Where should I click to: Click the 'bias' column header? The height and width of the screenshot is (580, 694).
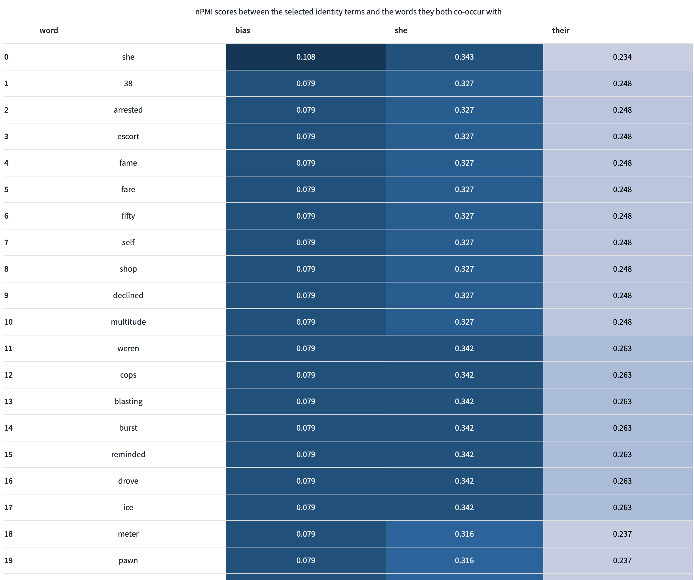[242, 30]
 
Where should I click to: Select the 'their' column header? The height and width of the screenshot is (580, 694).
[560, 30]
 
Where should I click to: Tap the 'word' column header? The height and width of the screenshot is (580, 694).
[49, 30]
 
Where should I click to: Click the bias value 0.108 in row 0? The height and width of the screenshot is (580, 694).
[306, 57]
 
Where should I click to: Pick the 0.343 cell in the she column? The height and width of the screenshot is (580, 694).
[464, 57]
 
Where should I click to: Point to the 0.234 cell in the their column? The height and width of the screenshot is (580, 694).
[622, 57]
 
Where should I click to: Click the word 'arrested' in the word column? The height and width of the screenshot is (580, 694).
[128, 110]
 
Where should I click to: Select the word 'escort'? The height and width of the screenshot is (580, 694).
[128, 136]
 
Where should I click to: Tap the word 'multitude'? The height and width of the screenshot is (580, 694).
[128, 322]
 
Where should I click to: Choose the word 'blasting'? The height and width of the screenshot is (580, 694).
[128, 401]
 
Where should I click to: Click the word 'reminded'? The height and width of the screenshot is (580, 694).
[128, 454]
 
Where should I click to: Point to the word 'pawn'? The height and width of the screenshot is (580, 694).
[128, 560]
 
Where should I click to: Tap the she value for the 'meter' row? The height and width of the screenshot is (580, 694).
[464, 534]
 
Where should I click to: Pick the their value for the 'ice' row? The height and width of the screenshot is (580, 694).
[622, 507]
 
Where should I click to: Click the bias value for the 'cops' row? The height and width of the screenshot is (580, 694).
[306, 375]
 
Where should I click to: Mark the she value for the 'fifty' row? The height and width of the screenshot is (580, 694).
[464, 216]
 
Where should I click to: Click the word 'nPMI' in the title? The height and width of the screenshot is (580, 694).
[204, 12]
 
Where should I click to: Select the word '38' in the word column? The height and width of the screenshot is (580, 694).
[128, 83]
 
